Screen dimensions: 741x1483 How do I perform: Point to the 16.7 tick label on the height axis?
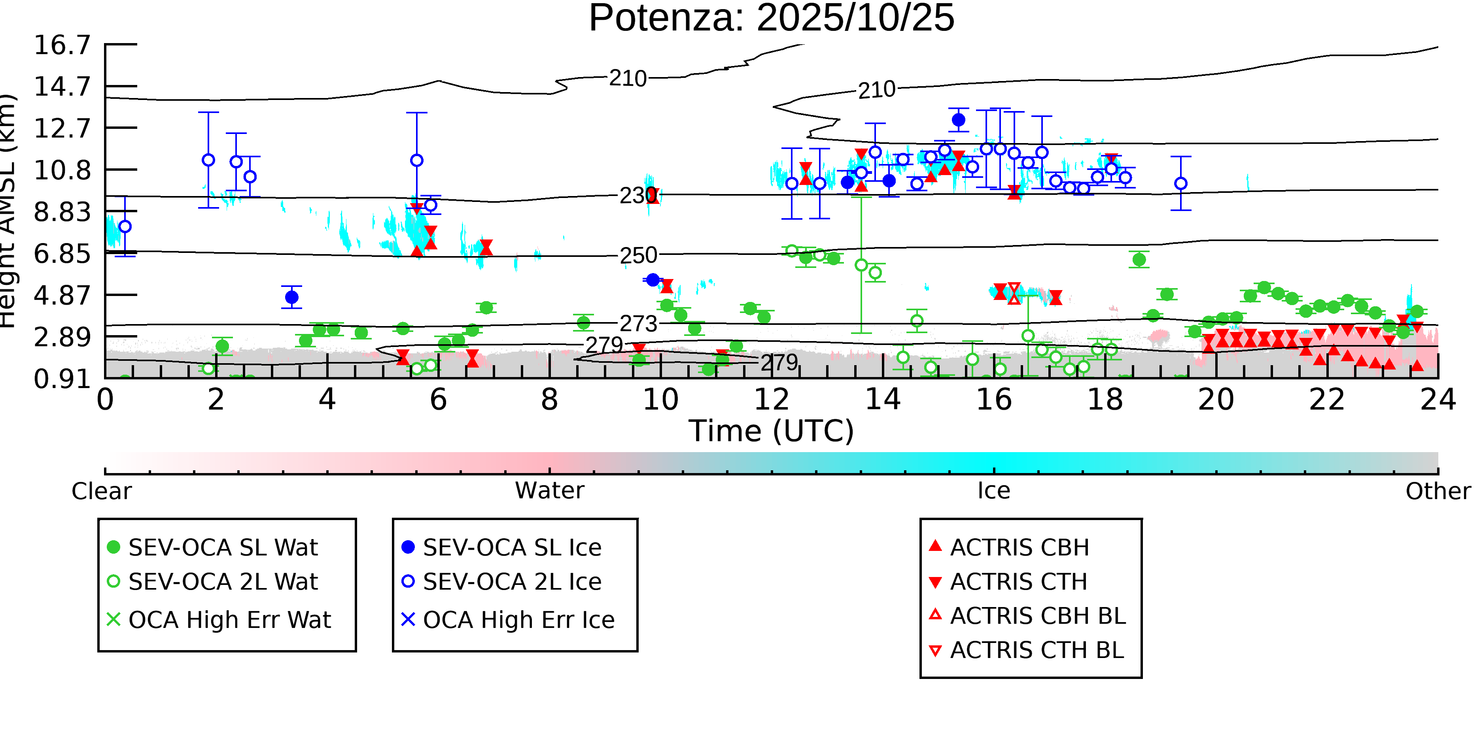coord(62,45)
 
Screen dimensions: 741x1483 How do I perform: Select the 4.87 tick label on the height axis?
coord(62,296)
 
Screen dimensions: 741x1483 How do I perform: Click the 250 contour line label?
coord(638,255)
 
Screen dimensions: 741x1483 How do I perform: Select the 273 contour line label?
coord(638,324)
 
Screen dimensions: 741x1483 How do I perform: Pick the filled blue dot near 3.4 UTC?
coord(292,298)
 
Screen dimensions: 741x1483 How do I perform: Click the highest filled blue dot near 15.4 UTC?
coord(959,120)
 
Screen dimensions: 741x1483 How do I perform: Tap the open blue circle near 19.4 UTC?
coord(1181,183)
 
